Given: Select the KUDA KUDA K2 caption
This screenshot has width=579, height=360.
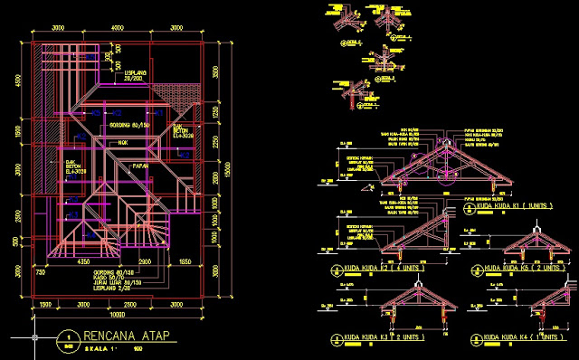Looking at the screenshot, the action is (370, 269).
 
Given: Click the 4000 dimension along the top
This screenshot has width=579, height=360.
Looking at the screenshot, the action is (117, 28).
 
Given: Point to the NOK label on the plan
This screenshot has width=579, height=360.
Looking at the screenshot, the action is (122, 142).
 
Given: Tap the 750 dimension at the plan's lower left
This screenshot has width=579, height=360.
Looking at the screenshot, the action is (41, 270).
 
